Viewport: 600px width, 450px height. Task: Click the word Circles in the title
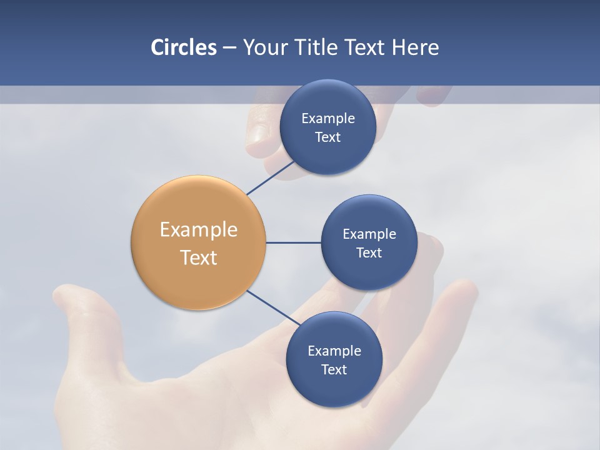(x=183, y=47)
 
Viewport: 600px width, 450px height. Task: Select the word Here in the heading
(x=415, y=47)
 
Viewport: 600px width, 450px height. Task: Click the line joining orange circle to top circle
(x=271, y=178)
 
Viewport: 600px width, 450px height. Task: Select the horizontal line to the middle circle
(x=294, y=242)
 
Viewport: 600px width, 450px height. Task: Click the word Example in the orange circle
(x=199, y=230)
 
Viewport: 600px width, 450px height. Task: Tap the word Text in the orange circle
(x=199, y=257)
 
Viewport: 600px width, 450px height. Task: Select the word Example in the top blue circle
(x=328, y=119)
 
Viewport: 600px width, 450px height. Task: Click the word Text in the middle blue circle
(x=369, y=253)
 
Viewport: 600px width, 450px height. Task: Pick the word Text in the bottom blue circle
(x=334, y=370)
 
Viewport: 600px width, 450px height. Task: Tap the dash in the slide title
(x=229, y=48)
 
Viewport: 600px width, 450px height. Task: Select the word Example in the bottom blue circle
(x=334, y=351)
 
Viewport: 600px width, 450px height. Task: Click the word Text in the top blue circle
(x=327, y=137)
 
